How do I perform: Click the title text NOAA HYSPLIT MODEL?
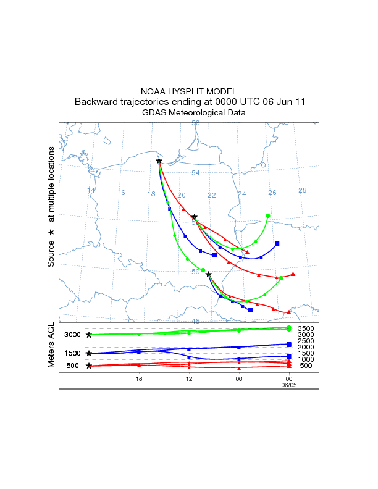[x=189, y=91]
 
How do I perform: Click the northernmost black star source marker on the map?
[x=159, y=161]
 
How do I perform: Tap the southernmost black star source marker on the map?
[x=209, y=274]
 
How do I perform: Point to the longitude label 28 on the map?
[x=303, y=190]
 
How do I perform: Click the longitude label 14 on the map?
[x=91, y=190]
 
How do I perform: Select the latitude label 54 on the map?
[x=196, y=173]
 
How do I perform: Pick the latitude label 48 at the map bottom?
[x=196, y=321]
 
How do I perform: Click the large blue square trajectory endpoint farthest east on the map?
[x=277, y=243]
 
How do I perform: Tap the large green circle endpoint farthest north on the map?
[x=268, y=215]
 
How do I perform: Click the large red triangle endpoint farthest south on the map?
[x=289, y=312]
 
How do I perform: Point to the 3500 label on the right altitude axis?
[x=306, y=328]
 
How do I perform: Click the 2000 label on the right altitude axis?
[x=306, y=347]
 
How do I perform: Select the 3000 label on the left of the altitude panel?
[x=73, y=335]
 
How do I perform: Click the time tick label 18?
[x=139, y=378]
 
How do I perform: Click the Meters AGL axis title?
[x=52, y=348]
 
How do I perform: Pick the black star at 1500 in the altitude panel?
[x=89, y=354]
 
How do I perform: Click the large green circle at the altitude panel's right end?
[x=289, y=328]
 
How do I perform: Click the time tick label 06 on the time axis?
[x=239, y=378]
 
